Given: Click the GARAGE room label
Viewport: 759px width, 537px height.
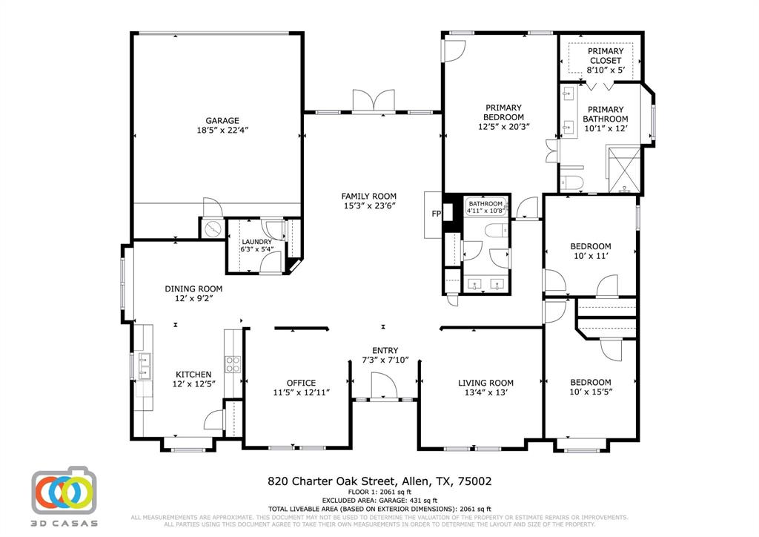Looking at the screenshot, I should tap(222, 120).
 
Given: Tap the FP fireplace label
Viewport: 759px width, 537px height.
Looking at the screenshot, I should tap(436, 214).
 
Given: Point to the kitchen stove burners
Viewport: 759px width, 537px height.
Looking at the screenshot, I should tap(233, 363).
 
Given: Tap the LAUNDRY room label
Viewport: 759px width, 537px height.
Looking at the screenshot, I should tap(256, 242).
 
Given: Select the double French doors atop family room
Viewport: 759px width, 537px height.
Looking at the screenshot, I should tap(374, 102).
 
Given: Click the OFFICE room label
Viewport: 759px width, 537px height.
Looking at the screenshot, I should tap(301, 383).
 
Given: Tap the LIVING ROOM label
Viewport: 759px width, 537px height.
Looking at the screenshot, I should tap(485, 383).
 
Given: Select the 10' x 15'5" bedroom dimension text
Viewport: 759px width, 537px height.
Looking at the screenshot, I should tap(590, 392).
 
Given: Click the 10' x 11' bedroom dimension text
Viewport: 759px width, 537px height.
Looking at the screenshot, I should tap(590, 256).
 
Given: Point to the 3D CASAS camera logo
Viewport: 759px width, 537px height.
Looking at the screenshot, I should tap(64, 490).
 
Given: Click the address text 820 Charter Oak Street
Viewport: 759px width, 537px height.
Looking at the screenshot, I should tap(332, 481).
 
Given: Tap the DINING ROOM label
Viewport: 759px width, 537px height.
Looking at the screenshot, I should tap(193, 289).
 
